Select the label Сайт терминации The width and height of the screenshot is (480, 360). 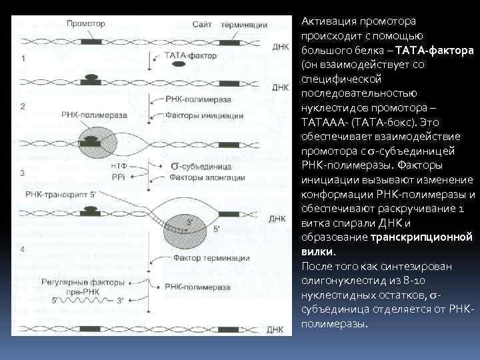tap(230, 25)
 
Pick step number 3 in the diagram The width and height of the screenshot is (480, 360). tap(23, 173)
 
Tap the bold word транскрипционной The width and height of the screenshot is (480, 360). tap(420, 237)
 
